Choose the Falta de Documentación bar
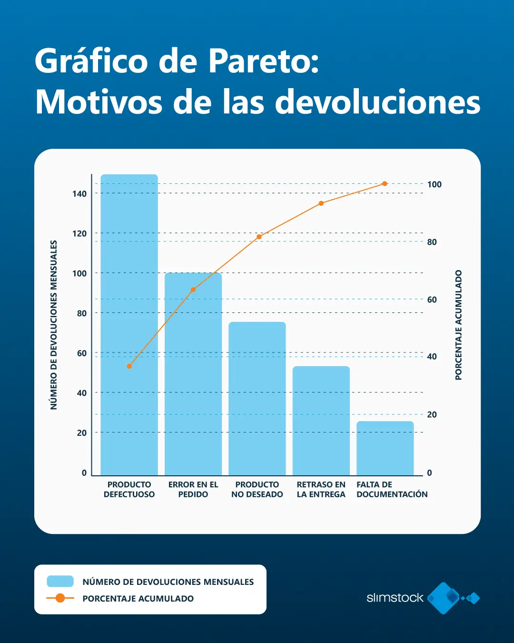click(385, 448)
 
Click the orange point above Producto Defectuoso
click(129, 366)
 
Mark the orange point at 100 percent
click(385, 184)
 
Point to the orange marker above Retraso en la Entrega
click(321, 203)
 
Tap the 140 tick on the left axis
click(79, 194)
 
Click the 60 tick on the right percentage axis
click(432, 300)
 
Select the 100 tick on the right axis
click(434, 184)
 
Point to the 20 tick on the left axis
click(82, 433)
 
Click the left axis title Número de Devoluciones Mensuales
click(54, 325)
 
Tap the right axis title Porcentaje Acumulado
click(458, 325)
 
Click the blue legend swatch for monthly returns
click(60, 582)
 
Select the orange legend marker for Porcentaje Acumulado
click(60, 598)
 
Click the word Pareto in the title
click(263, 61)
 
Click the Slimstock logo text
click(395, 598)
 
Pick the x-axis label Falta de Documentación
click(392, 490)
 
